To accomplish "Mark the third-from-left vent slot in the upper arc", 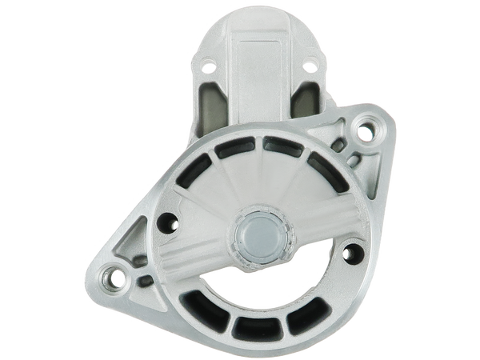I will pos(277,144).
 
